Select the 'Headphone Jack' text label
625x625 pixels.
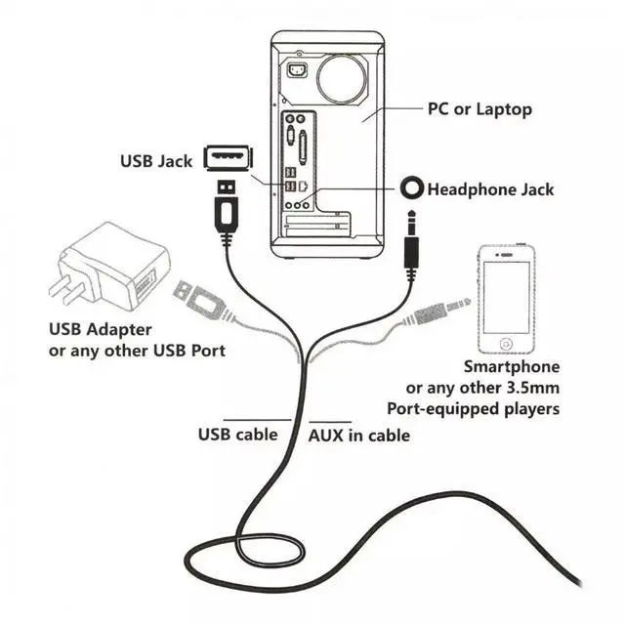click(490, 188)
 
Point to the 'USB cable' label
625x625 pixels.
click(237, 434)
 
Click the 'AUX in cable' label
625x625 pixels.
click(359, 435)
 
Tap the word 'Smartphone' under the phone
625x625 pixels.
click(511, 367)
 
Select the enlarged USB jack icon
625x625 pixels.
click(228, 157)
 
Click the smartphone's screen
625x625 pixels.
click(506, 296)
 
